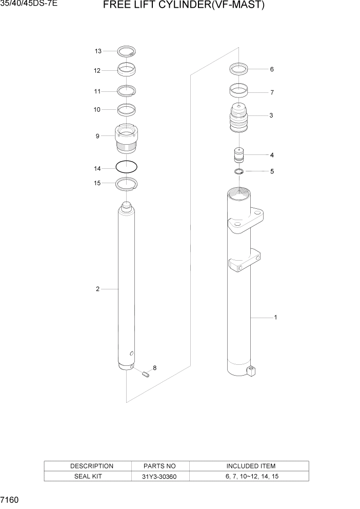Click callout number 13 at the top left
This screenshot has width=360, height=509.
pos(98,51)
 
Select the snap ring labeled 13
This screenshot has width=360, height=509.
pos(126,51)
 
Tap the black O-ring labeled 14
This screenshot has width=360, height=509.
pos(126,167)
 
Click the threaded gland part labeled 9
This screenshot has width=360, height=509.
pos(126,139)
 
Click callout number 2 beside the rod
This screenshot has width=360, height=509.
pos(97,289)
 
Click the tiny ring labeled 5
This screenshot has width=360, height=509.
pos(239,171)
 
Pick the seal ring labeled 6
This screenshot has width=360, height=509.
pos(239,68)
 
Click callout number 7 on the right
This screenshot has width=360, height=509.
pos(272,93)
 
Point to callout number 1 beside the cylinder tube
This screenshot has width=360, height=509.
pos(275,318)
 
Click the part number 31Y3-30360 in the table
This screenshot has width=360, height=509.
pos(160,476)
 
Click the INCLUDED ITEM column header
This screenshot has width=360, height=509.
pos(250,466)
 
